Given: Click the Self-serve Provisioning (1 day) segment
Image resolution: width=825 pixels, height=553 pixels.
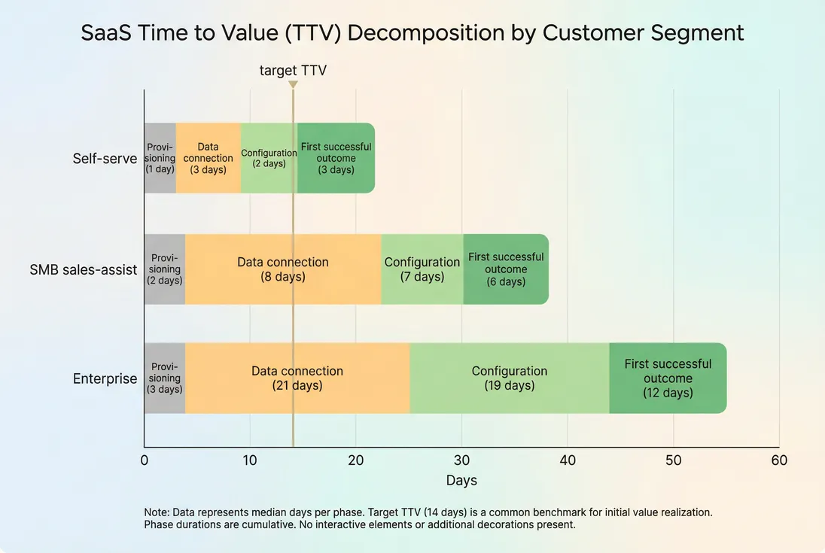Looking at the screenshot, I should (x=160, y=158).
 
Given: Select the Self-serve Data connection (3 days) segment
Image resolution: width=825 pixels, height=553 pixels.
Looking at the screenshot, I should (x=209, y=158).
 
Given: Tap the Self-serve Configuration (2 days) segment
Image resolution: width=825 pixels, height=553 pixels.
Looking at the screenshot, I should (x=269, y=158).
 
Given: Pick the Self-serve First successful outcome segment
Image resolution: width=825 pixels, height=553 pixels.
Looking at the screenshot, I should (x=336, y=158).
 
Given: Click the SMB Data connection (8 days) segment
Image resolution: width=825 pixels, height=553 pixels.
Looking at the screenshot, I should (x=283, y=269).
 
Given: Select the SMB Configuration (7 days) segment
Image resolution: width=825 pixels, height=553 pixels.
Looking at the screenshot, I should (x=422, y=269).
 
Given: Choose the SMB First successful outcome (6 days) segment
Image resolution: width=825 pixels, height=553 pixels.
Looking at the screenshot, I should (x=506, y=269).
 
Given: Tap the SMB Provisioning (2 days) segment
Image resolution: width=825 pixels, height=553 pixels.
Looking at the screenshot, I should (x=165, y=269).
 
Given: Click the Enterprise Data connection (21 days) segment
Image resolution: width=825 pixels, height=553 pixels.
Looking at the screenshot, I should (x=297, y=378).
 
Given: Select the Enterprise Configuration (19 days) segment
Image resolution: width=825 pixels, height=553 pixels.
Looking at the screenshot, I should (x=510, y=378).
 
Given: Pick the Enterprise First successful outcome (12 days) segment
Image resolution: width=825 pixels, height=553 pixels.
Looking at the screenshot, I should (x=668, y=378).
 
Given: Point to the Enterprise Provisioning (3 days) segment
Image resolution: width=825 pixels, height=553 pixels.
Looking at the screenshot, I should (x=165, y=378).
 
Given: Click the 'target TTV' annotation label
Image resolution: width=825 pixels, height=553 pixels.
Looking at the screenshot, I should (x=293, y=70).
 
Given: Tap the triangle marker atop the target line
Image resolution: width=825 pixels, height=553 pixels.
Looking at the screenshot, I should (x=293, y=84).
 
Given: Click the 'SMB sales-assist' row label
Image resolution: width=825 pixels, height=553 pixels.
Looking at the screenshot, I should (x=84, y=269).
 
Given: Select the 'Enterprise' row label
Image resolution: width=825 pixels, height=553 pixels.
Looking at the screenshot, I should (x=105, y=378).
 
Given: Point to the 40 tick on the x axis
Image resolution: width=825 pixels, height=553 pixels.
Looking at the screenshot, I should (x=568, y=460).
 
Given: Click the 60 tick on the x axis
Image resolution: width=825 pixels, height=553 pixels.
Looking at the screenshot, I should (x=779, y=460).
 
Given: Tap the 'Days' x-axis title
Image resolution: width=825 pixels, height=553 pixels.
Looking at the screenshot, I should (x=461, y=480).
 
